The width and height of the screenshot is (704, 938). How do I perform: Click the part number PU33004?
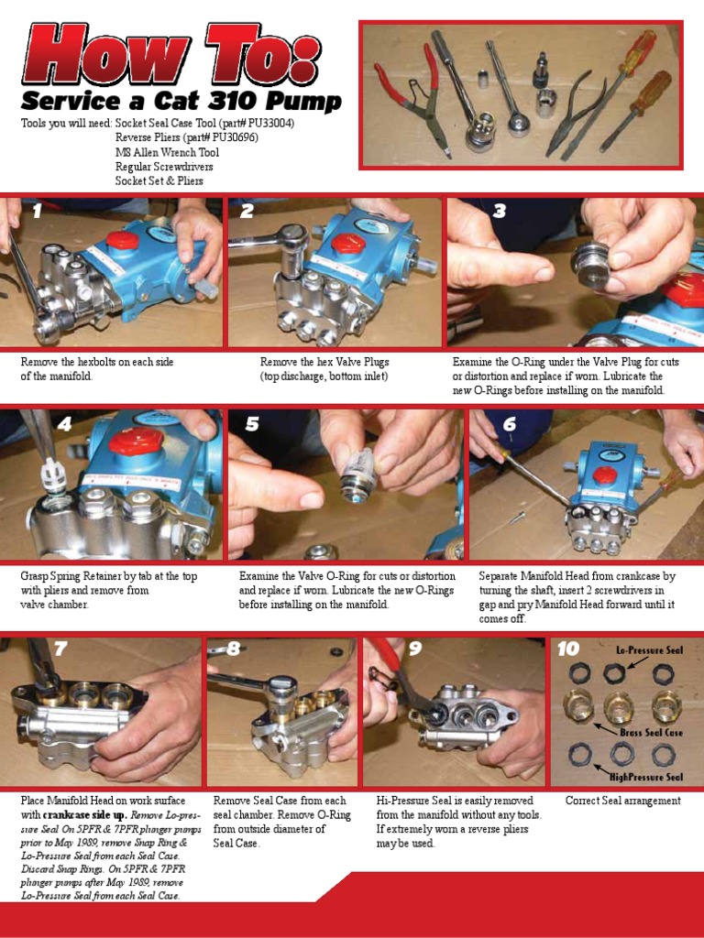tap(271, 123)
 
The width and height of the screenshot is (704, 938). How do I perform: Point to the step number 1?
tap(37, 212)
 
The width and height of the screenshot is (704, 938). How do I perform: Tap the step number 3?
tap(500, 212)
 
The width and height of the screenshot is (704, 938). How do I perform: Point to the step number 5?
tap(252, 424)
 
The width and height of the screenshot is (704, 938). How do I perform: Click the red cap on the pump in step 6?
tap(604, 474)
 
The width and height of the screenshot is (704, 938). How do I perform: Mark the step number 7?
tap(60, 649)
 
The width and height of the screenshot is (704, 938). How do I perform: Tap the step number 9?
tap(414, 649)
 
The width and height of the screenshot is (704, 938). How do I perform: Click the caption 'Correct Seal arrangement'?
tap(622, 801)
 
